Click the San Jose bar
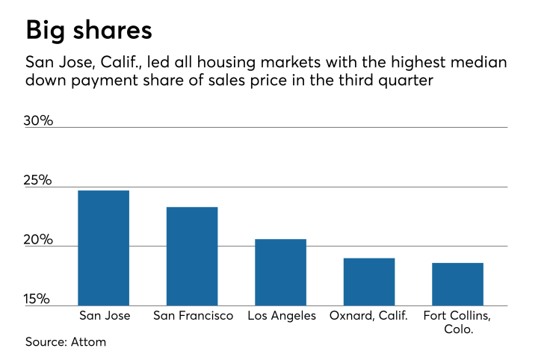point(103,248)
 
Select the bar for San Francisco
point(192,256)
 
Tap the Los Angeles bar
point(280,272)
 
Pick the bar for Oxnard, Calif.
point(369,282)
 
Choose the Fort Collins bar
point(457,284)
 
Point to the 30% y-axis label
point(39,120)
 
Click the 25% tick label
point(39,180)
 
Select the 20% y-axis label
point(39,240)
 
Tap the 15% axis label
point(39,299)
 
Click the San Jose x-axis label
point(105,316)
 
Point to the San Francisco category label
point(192,316)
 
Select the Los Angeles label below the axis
point(280,316)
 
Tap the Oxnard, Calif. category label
point(368,316)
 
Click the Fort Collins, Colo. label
point(458,322)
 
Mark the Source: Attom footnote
point(66,341)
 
